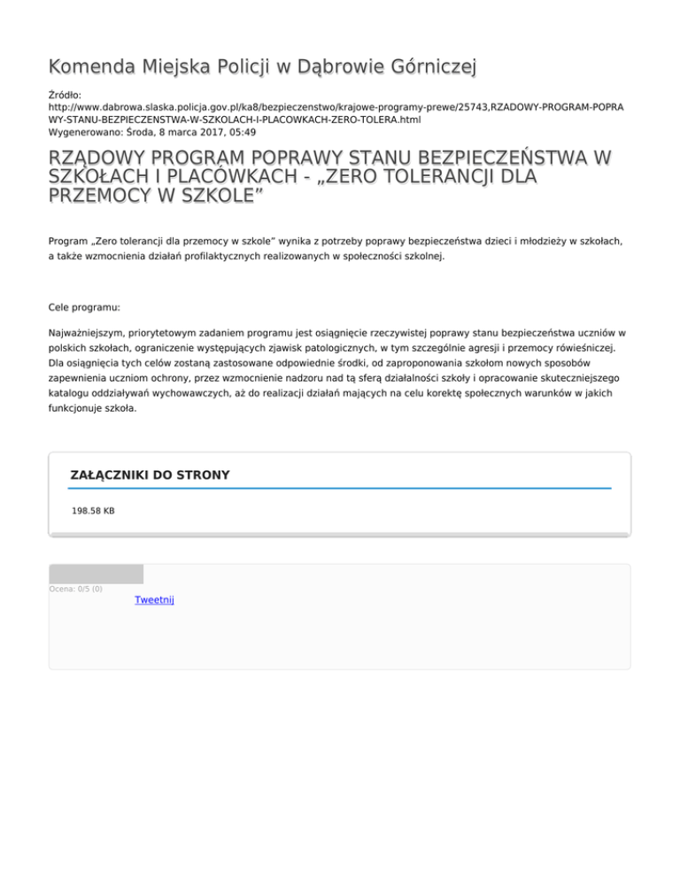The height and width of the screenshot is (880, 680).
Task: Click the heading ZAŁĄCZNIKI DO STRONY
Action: [150, 475]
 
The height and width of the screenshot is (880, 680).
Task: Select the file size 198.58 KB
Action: [93, 511]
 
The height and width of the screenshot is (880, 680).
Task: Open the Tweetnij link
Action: [154, 600]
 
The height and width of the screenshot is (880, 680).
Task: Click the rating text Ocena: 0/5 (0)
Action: [76, 589]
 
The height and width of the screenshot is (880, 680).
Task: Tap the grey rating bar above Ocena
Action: [96, 574]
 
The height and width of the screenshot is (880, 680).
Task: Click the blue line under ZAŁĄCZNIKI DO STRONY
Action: [340, 488]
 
